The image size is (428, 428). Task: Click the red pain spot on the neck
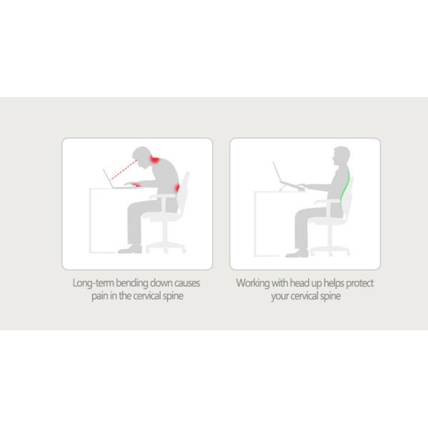click(155, 159)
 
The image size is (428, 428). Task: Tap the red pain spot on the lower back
click(177, 188)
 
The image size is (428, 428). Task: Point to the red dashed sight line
click(123, 170)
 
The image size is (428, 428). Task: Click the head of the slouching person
click(142, 156)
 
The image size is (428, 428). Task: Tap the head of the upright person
click(341, 156)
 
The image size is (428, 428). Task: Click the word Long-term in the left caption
click(93, 283)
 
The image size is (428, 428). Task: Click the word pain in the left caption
click(100, 296)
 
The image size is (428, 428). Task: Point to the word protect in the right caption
click(360, 283)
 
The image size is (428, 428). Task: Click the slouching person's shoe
click(130, 249)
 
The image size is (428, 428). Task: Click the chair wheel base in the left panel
click(165, 248)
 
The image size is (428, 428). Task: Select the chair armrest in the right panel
click(327, 201)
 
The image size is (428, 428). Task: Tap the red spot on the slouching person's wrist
click(138, 185)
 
